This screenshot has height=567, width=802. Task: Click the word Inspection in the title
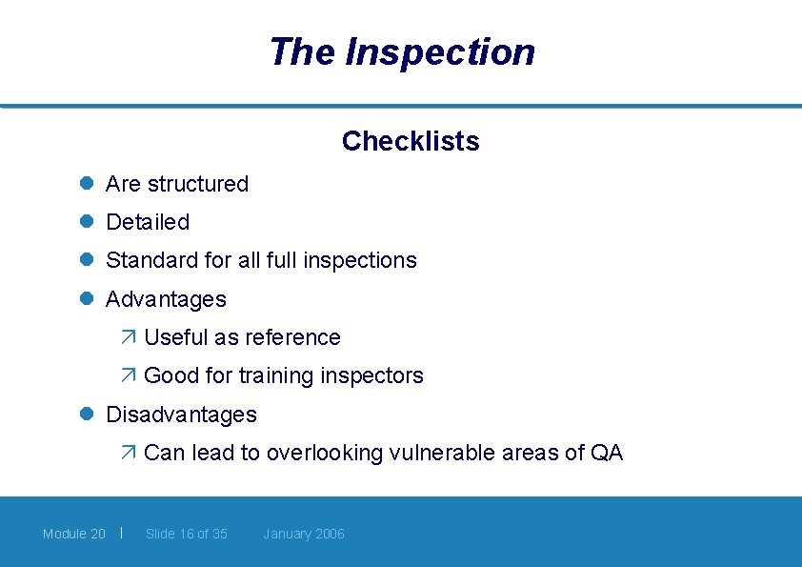pyautogui.click(x=440, y=51)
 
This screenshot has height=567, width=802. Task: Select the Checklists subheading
pyautogui.click(x=411, y=141)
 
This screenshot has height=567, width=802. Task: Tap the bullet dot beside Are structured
pyautogui.click(x=85, y=183)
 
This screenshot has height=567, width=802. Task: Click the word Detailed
pyautogui.click(x=148, y=222)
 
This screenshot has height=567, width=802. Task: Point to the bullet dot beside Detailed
pyautogui.click(x=85, y=221)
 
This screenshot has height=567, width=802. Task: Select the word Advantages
pyautogui.click(x=166, y=299)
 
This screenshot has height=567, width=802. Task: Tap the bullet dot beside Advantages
pyautogui.click(x=85, y=298)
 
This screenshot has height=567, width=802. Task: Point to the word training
pyautogui.click(x=275, y=375)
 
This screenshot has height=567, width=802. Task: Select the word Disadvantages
pyautogui.click(x=181, y=415)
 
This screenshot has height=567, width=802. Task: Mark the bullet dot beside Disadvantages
pyautogui.click(x=85, y=414)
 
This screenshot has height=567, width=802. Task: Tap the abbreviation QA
pyautogui.click(x=606, y=453)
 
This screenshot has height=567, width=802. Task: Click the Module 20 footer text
pyautogui.click(x=74, y=534)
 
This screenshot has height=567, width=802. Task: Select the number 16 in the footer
pyautogui.click(x=188, y=534)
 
